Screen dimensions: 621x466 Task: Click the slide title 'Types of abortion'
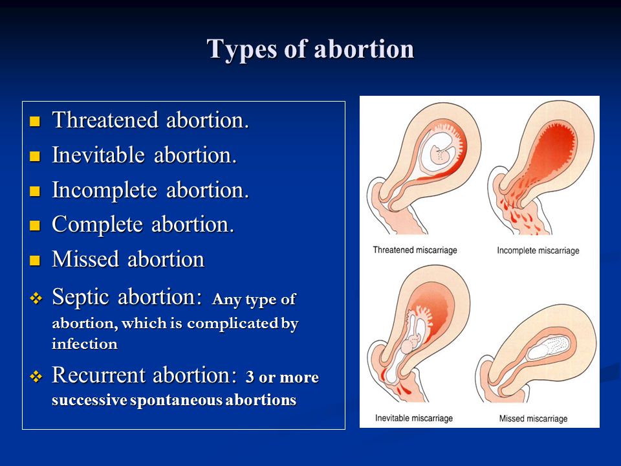coord(310,50)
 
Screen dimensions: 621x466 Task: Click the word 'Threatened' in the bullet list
coord(105,120)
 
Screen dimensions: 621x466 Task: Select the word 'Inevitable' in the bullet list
coord(98,155)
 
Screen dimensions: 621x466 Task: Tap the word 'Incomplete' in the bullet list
coord(105,190)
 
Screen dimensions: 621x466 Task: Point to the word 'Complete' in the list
coord(98,225)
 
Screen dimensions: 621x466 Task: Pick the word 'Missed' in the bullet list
coord(85,259)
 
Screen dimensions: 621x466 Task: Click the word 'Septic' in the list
coord(80,297)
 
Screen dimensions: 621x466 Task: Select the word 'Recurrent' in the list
coord(98,375)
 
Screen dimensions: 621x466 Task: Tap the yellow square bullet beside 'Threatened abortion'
coord(35,121)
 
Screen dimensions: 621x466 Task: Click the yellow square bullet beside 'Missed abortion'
coord(35,260)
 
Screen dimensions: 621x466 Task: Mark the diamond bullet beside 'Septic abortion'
coord(36,298)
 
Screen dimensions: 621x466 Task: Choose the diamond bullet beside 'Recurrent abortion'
coord(36,377)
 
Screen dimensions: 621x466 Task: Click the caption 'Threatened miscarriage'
coord(415,250)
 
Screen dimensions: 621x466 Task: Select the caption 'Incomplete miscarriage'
coord(538,250)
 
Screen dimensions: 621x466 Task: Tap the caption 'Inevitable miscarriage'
coord(414,418)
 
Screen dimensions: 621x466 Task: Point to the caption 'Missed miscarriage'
coord(533,419)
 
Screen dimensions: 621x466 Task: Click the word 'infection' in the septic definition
coord(85,344)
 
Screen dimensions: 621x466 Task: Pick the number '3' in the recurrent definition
coord(250,377)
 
